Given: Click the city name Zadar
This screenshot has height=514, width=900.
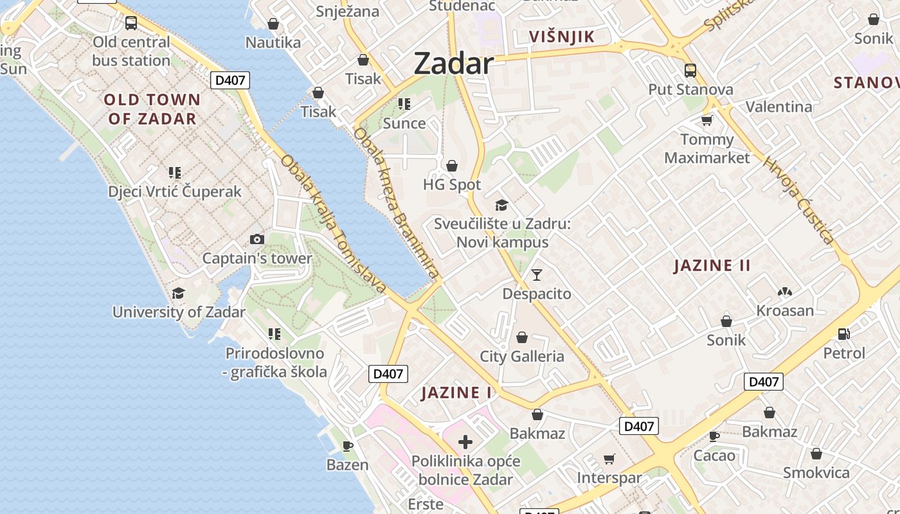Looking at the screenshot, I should pos(454,64).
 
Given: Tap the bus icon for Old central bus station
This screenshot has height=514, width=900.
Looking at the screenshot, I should pos(131,23).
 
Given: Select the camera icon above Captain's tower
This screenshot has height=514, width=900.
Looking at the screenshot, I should pos(257,240).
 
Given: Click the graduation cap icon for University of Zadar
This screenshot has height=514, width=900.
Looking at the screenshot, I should pos(178,294).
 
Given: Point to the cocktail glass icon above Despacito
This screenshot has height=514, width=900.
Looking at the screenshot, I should pos(537,275).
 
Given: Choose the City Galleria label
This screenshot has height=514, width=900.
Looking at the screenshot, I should pos(522,357).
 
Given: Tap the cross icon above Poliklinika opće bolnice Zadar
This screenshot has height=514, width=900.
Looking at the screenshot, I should pos(465,442).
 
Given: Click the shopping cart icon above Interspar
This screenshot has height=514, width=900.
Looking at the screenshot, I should pos(609,459).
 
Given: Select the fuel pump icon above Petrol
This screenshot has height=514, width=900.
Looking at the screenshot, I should pos(844,333).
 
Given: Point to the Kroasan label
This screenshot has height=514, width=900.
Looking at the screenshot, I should pos(785,311).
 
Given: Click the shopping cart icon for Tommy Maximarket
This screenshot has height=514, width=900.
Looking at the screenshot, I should pos(707,120).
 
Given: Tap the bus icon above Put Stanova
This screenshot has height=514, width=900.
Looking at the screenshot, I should pos(690,70).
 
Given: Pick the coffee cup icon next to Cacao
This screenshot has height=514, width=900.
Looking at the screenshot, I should pos(714,436).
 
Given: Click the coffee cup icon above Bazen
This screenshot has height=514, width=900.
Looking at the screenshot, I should pos(348,445).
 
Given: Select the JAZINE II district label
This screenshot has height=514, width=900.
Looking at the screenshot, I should pos(712,265).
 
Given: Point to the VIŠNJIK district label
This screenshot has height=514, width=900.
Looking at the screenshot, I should pos(562,37).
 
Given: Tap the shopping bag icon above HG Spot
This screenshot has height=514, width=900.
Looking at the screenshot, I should pos(452,166).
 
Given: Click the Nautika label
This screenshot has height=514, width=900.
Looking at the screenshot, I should pos(273,43).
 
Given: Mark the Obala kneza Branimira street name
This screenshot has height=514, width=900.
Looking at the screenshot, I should pos(396,202).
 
